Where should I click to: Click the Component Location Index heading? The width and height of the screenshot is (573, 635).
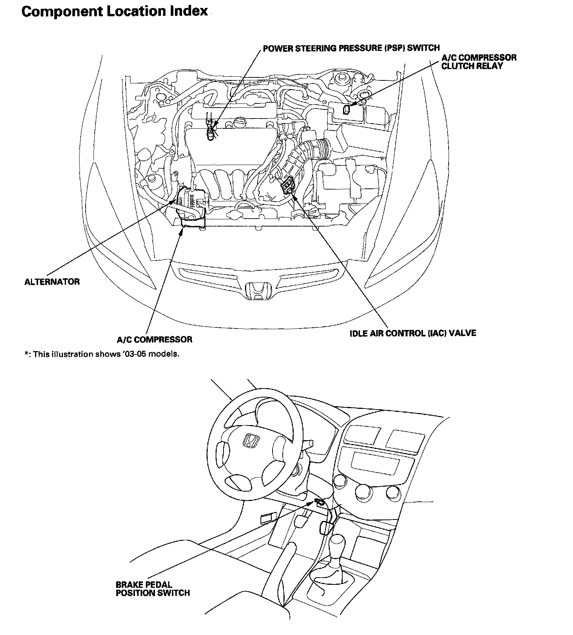pos(115,11)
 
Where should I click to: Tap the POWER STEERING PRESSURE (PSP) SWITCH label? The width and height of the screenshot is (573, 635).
pos(351,48)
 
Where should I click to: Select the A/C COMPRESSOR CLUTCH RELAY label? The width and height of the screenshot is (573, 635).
pos(479,62)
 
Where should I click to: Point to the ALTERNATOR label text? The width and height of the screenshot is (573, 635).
pos(52,282)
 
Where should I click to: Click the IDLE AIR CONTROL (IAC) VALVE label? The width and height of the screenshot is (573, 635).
pos(413,333)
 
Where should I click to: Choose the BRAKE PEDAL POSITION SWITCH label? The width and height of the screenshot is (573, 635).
pos(152,589)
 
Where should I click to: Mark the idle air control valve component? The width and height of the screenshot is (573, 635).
pos(287,185)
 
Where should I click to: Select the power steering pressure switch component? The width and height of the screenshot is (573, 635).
pos(211,131)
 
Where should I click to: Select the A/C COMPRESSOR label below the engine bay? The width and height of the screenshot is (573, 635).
pos(154,339)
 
